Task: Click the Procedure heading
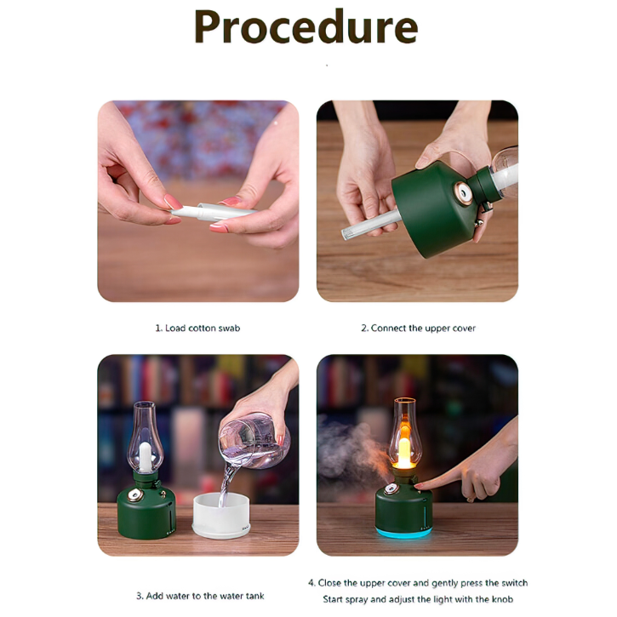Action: (306, 27)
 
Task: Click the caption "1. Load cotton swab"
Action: (197, 328)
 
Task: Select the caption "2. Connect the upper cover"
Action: (419, 328)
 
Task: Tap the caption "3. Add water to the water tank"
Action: (200, 596)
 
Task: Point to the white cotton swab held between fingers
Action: (213, 212)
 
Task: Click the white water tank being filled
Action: (221, 516)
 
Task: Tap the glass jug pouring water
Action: (254, 439)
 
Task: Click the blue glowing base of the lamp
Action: (403, 533)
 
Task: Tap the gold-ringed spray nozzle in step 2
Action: (463, 193)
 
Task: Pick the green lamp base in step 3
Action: (146, 511)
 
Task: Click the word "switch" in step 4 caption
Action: (512, 583)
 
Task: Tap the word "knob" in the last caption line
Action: (502, 599)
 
